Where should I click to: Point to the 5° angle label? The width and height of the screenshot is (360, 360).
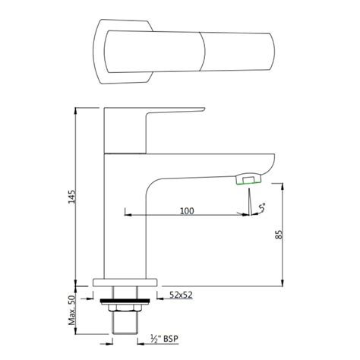[x=263, y=206]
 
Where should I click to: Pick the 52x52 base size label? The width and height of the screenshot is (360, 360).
[x=181, y=293]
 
